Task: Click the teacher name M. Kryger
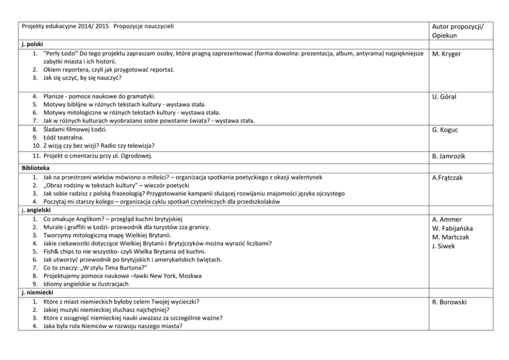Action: (x=446, y=54)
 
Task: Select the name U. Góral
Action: (x=444, y=97)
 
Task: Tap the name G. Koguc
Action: (x=445, y=130)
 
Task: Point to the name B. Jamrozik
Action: (x=449, y=156)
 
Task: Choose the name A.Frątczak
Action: (x=447, y=178)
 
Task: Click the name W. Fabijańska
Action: (x=453, y=228)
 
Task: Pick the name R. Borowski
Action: (x=449, y=302)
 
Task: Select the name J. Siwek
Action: (x=443, y=246)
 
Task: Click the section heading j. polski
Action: (x=32, y=45)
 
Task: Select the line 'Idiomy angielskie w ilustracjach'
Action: (x=86, y=284)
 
